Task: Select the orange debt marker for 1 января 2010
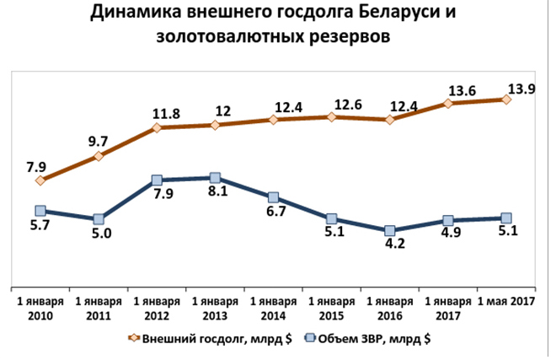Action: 40,180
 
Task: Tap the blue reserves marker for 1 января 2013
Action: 215,178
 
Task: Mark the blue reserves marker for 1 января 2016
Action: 390,231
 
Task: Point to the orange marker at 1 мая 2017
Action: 506,99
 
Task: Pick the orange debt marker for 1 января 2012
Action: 157,128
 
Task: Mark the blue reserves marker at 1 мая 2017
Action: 506,218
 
